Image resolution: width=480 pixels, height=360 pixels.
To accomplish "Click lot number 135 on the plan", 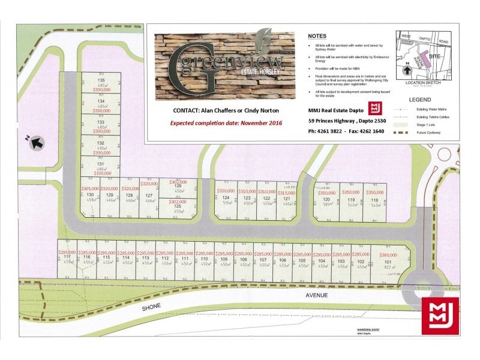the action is coord(101,80).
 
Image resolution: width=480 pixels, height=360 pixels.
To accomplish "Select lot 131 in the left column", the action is coord(101,163).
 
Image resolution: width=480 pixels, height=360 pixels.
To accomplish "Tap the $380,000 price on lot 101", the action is coord(387,254).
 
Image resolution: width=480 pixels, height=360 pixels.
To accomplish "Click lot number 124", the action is coord(226,198).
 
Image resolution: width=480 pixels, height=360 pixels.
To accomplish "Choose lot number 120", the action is coord(326,199).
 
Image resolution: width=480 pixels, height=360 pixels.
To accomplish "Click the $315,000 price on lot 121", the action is coord(287,193).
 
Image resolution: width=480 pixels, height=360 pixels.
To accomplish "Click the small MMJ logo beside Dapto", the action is coord(376,108).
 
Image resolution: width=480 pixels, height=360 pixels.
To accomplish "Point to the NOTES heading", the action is coord(317,36).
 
